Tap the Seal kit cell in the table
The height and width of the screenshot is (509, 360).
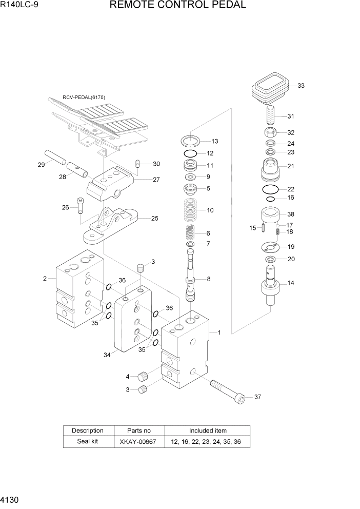88,442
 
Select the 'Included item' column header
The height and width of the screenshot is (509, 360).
207,430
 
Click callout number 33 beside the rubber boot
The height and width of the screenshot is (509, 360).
301,86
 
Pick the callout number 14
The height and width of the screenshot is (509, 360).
291,283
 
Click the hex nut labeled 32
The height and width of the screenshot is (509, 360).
272,132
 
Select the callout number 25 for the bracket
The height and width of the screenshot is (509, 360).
154,218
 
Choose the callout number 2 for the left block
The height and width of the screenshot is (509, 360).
45,279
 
